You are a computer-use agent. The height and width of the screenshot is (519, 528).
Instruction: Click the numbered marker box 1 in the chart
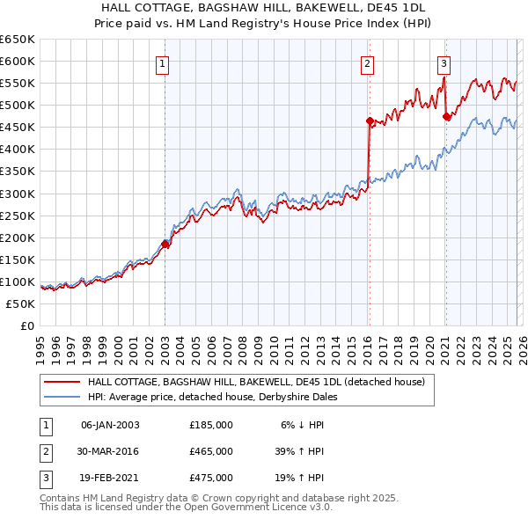(165, 62)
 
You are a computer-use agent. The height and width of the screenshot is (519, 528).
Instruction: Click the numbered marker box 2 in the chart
(367, 62)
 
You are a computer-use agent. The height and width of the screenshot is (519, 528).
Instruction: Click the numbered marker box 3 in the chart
(444, 62)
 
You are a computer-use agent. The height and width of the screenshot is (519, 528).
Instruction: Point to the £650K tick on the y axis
(18, 40)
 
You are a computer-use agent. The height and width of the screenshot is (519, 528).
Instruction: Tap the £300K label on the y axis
(18, 194)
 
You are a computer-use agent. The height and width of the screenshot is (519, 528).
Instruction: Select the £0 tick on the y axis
(27, 325)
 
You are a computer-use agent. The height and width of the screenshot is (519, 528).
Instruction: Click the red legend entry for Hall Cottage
(256, 382)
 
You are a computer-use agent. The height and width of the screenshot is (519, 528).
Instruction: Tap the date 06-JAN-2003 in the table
(110, 424)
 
